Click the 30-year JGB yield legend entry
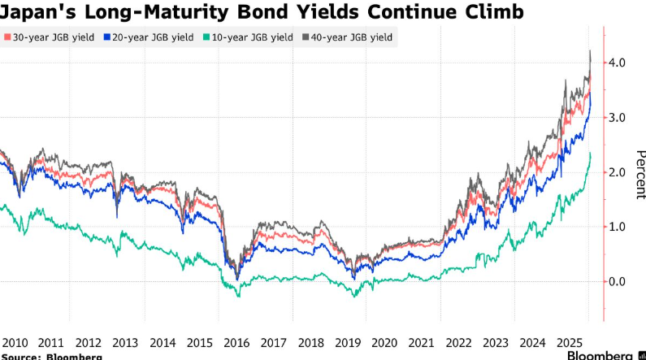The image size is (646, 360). coord(51,37)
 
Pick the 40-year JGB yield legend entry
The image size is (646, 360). coord(349,37)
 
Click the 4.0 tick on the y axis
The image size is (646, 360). coord(618,63)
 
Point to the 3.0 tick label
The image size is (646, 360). coord(618,118)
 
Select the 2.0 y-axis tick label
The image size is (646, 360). coord(618,172)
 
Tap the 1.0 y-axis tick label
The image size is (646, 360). coord(618,227)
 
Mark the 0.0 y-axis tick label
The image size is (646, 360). coord(618,281)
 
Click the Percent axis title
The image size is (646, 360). coord(640,174)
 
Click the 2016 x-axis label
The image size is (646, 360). coord(236,342)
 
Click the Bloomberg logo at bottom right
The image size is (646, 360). coord(605,355)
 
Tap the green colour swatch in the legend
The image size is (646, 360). coord(208,37)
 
